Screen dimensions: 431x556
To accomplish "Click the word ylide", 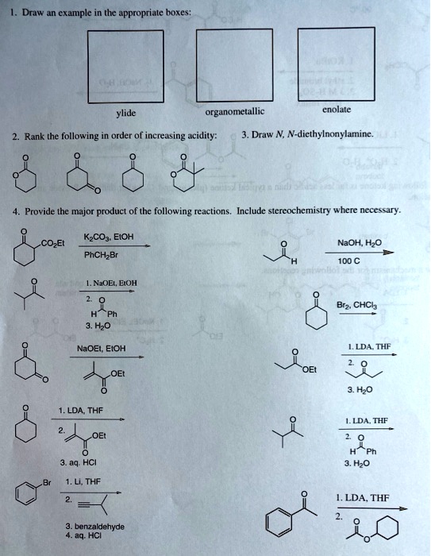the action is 126,114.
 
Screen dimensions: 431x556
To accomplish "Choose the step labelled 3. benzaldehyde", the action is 95,525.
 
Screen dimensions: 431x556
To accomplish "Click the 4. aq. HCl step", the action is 86,537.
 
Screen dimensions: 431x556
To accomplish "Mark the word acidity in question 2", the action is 198,135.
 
